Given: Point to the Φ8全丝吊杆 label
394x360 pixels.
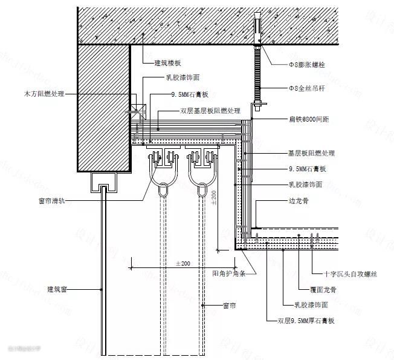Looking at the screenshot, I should (x=308, y=88).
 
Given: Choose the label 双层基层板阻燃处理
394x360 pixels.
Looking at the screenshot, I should (x=210, y=111).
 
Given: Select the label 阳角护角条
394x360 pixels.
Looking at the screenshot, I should (x=230, y=273).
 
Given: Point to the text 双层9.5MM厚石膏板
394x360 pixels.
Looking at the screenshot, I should (x=306, y=320).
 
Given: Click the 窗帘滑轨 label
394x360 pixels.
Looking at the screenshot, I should (x=55, y=200).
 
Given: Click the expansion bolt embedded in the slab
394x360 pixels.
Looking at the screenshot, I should (x=257, y=31).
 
